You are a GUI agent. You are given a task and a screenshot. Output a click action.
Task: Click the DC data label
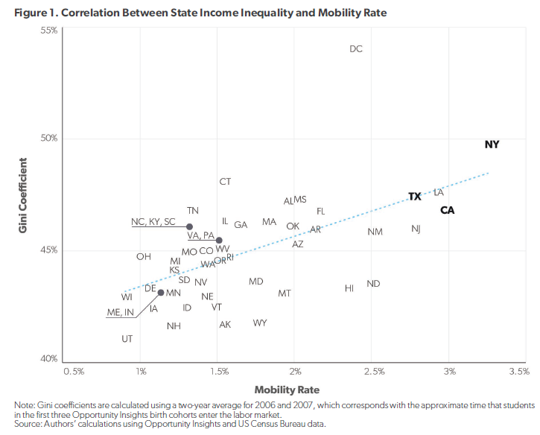(x=356, y=49)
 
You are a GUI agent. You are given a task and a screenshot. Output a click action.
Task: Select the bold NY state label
(x=492, y=145)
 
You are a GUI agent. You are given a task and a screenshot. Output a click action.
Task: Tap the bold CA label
(x=447, y=210)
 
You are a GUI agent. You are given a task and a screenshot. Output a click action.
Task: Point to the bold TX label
(x=415, y=197)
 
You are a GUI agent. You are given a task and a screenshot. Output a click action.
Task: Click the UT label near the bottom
(x=127, y=339)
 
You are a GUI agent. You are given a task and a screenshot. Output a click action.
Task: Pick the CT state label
(x=225, y=182)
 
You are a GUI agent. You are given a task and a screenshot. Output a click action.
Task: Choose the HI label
(x=349, y=288)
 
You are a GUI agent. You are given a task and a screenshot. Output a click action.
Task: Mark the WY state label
(x=260, y=323)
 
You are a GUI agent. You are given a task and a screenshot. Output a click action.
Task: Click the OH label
(x=144, y=257)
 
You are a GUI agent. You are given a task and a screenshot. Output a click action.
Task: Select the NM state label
(x=375, y=232)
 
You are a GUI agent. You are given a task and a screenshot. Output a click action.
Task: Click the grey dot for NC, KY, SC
(x=189, y=226)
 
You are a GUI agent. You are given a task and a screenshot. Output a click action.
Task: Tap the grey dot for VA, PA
(x=219, y=241)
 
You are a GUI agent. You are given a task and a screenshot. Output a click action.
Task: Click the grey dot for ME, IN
(x=161, y=293)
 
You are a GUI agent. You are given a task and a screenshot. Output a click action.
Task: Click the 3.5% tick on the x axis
(x=518, y=371)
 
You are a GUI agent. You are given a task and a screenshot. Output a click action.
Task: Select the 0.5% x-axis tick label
(x=74, y=371)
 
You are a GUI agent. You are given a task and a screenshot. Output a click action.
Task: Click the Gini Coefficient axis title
(x=23, y=194)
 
